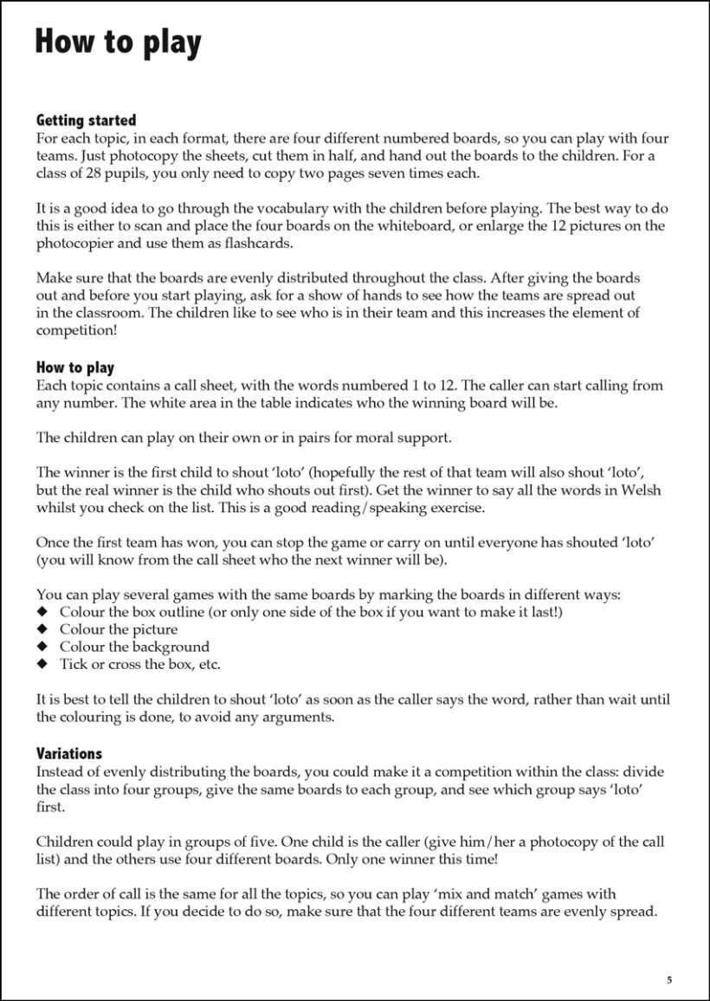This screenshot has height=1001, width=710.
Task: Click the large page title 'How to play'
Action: (x=118, y=42)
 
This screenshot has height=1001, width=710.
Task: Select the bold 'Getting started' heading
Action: (x=86, y=120)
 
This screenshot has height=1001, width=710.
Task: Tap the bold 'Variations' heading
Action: (x=69, y=753)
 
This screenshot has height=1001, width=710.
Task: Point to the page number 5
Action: (x=668, y=980)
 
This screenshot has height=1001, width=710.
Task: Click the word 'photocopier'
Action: (x=73, y=244)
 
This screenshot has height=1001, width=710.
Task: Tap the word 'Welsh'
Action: (x=641, y=490)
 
